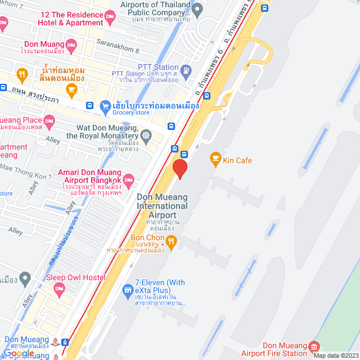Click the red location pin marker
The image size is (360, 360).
pyautogui.click(x=179, y=168)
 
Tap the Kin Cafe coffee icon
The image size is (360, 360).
pyautogui.click(x=215, y=160)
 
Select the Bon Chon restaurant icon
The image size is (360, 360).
pyautogui.click(x=172, y=242)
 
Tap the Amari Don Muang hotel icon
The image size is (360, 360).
pyautogui.click(x=128, y=180)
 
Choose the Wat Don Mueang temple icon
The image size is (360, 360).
pyautogui.click(x=146, y=136)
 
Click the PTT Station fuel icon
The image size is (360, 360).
pyautogui.click(x=187, y=70)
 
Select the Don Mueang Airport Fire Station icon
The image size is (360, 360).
pyautogui.click(x=314, y=345)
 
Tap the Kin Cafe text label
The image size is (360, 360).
pyautogui.click(x=237, y=160)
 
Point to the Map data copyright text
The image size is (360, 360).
pyautogui.click(x=336, y=355)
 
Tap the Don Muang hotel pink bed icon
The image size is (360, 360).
pyautogui.click(x=71, y=44)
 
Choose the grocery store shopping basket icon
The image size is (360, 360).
pyautogui.click(x=104, y=105)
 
